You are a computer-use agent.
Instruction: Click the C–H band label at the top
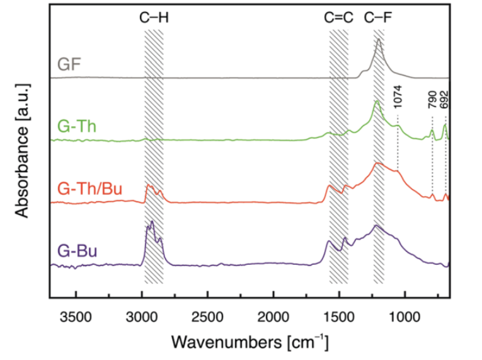[x=154, y=18]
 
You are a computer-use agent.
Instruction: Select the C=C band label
[x=338, y=18]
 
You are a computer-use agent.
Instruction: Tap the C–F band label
[x=378, y=18]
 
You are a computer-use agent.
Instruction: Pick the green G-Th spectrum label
[x=77, y=125]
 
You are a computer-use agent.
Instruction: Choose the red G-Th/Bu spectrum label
[x=89, y=189]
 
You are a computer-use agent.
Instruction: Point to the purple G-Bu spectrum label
[x=77, y=252]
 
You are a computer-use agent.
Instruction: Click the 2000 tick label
[x=273, y=315]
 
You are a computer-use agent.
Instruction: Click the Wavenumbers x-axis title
[x=250, y=342]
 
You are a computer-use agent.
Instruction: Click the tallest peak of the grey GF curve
[x=379, y=40]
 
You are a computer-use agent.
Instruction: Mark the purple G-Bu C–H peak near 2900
[x=152, y=222]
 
